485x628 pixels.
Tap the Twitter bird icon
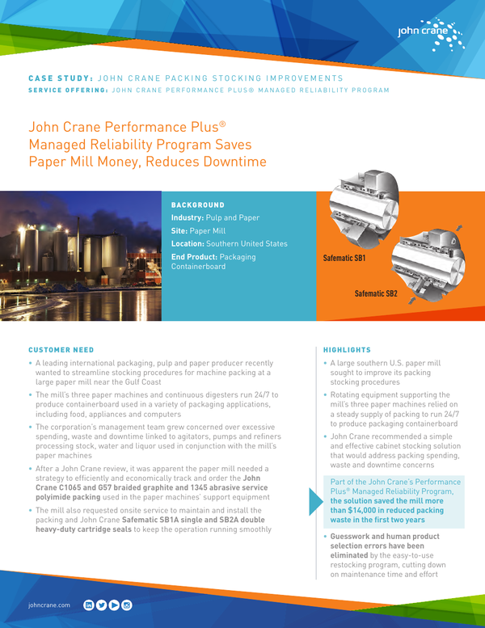click(101, 604)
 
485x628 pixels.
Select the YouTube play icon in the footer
click(114, 604)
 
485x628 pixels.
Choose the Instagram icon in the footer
click(127, 604)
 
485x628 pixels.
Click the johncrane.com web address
click(49, 605)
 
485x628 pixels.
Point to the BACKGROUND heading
click(198, 205)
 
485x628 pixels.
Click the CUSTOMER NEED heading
click(61, 350)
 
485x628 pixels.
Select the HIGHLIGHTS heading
click(347, 350)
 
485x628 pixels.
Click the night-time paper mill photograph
click(81, 256)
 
